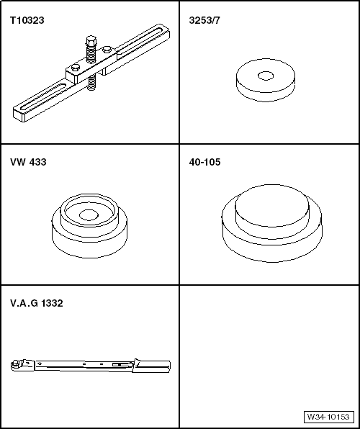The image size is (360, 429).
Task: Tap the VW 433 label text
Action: [x=28, y=163]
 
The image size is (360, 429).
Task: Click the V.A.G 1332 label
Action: [x=37, y=304]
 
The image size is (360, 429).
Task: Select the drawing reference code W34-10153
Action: [x=328, y=417]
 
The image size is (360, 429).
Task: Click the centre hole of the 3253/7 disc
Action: [x=266, y=75]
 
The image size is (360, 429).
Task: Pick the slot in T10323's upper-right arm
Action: [x=144, y=44]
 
